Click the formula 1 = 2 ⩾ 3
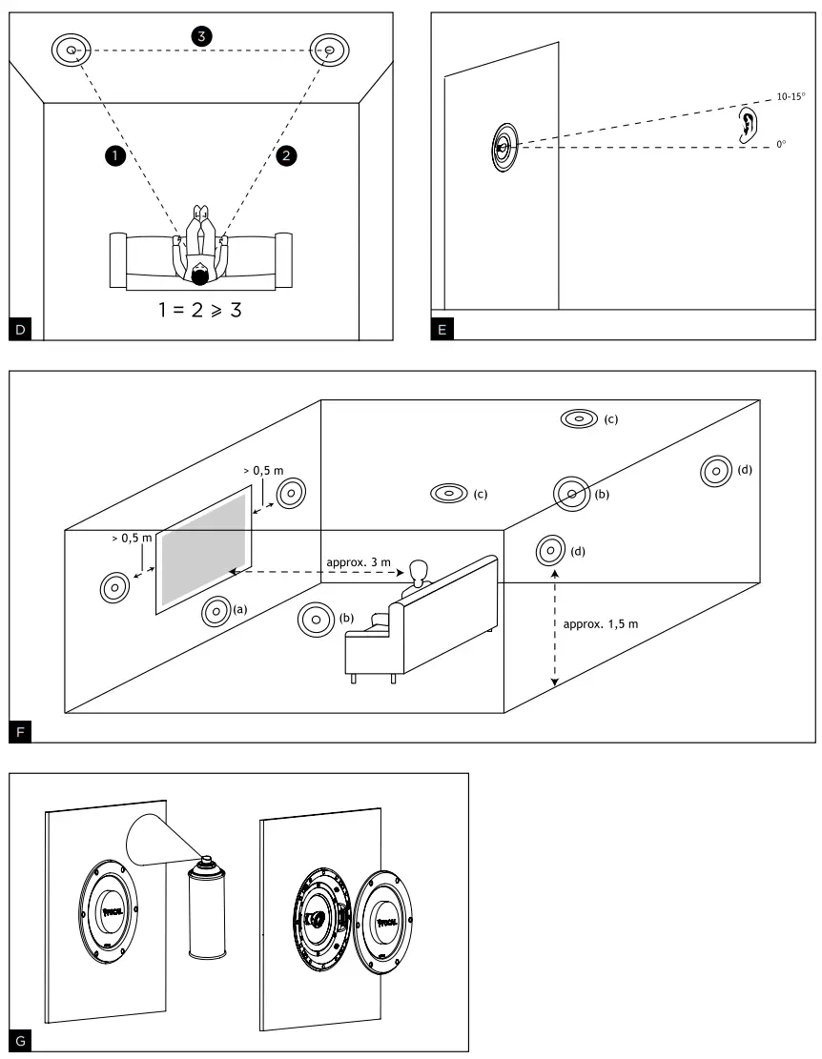[199, 311]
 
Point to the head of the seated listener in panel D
[199, 276]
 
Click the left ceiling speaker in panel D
[72, 49]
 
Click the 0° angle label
[780, 145]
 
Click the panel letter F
[22, 731]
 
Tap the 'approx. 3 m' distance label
[358, 562]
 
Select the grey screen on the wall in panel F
[206, 545]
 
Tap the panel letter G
[22, 1037]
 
